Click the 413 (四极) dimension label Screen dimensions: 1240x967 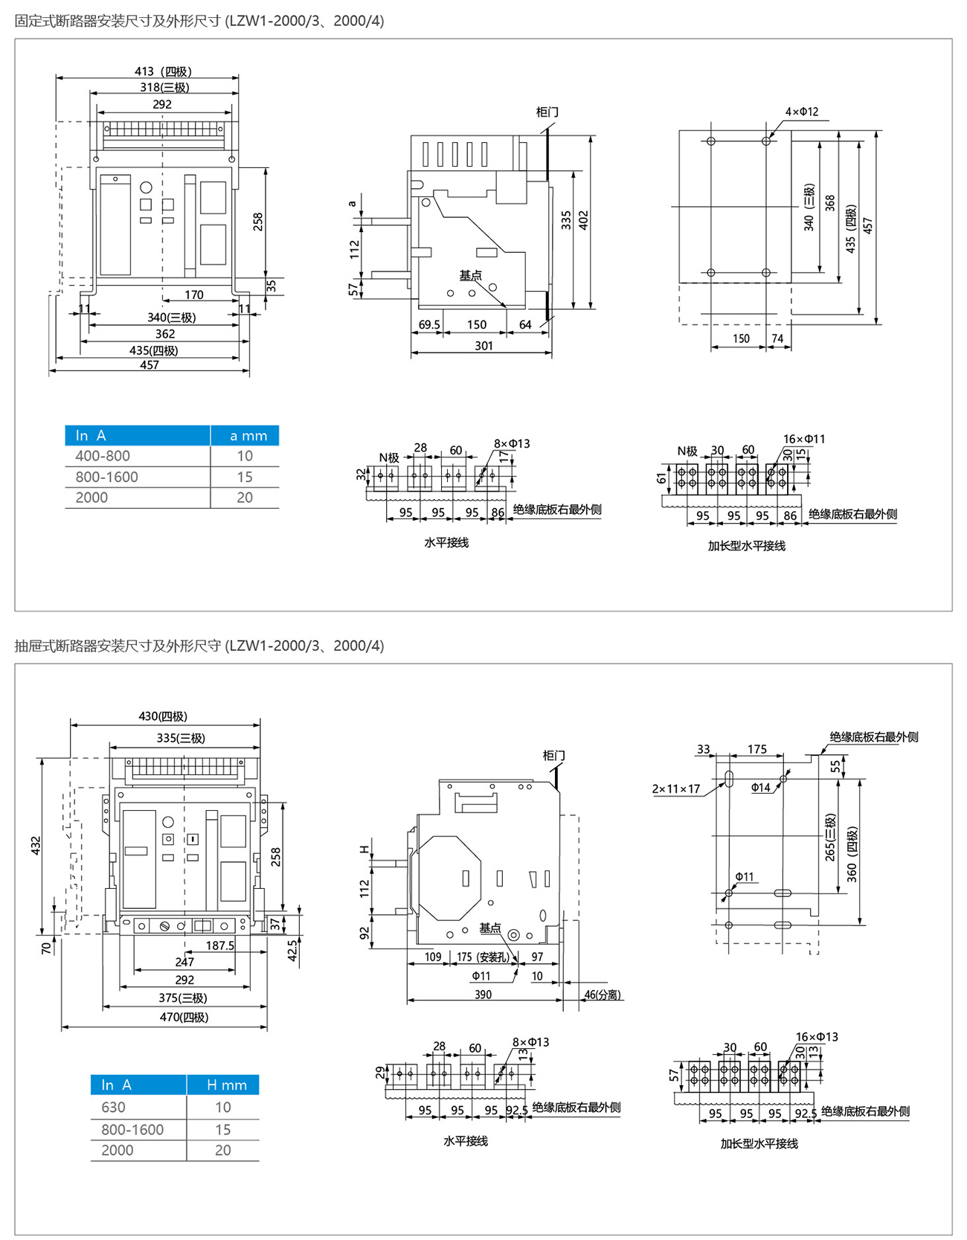pyautogui.click(x=163, y=71)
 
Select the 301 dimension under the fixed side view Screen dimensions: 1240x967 pyautogui.click(x=483, y=345)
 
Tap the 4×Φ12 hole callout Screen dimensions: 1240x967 pyautogui.click(x=801, y=112)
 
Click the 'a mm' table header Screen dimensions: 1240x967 pyautogui.click(x=245, y=436)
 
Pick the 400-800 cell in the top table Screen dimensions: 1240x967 pyautogui.click(x=103, y=456)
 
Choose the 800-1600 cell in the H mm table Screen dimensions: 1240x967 pyautogui.click(x=132, y=1129)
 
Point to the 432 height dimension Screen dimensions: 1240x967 pyautogui.click(x=36, y=846)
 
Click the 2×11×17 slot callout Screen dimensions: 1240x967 pyautogui.click(x=676, y=788)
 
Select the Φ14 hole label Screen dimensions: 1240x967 pyautogui.click(x=760, y=787)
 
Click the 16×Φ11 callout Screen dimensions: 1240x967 pyautogui.click(x=803, y=439)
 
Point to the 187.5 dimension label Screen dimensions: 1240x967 pyautogui.click(x=220, y=945)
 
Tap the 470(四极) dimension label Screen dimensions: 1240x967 pyautogui.click(x=184, y=1017)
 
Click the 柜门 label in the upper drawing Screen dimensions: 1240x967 pyautogui.click(x=547, y=112)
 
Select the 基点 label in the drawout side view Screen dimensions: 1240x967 pyautogui.click(x=490, y=928)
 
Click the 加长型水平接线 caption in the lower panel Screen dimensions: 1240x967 pyautogui.click(x=759, y=1143)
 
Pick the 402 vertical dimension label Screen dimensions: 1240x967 pyautogui.click(x=584, y=219)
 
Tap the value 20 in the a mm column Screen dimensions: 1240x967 pyautogui.click(x=245, y=498)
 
